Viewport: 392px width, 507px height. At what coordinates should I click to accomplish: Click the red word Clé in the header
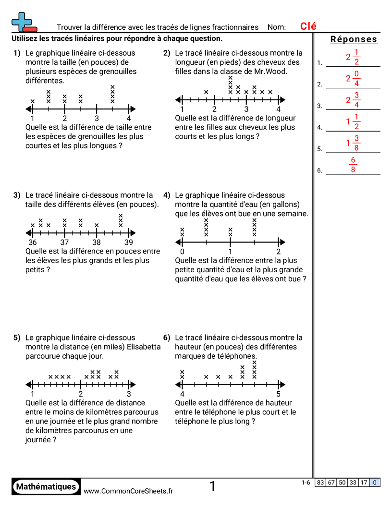[308, 27]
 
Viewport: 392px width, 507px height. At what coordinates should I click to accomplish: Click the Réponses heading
[354, 40]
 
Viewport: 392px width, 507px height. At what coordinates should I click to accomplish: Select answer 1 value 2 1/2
[353, 58]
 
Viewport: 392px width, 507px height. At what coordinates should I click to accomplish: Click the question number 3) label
[17, 195]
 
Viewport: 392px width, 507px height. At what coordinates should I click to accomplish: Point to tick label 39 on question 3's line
[129, 242]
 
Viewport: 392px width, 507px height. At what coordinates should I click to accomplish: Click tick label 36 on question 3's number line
[33, 242]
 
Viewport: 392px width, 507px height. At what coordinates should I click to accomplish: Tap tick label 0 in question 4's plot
[182, 252]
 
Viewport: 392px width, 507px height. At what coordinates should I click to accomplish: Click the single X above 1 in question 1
[33, 101]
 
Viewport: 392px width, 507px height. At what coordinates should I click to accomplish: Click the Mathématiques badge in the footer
[46, 486]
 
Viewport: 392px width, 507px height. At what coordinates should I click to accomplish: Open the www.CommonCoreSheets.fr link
[128, 491]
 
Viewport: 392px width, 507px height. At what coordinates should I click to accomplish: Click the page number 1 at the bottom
[212, 487]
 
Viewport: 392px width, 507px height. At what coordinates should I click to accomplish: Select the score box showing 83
[320, 483]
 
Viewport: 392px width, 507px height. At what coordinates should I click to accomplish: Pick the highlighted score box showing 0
[375, 483]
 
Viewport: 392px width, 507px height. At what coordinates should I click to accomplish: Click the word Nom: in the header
[277, 27]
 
